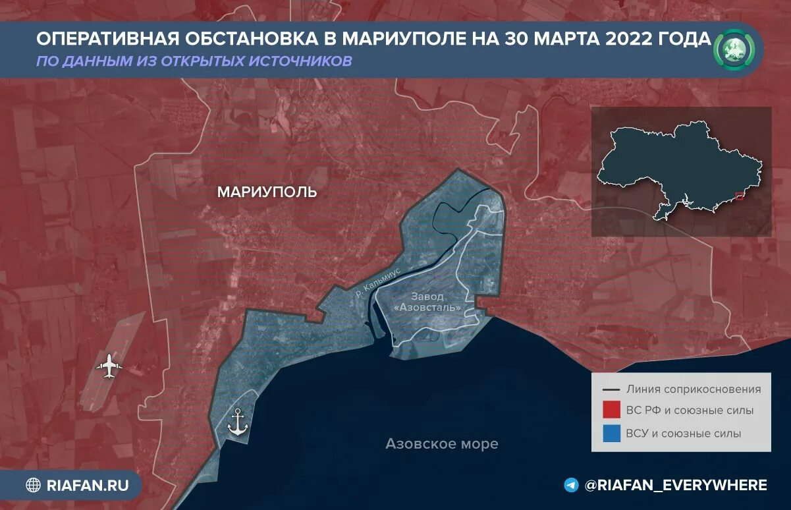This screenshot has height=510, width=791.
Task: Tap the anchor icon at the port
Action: click(x=237, y=422)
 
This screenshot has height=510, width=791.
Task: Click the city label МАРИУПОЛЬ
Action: click(x=267, y=192)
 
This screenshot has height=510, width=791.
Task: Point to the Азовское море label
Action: click(x=442, y=443)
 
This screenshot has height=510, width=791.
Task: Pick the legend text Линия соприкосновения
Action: click(x=694, y=389)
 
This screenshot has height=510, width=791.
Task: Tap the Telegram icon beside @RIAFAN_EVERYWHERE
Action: click(x=572, y=485)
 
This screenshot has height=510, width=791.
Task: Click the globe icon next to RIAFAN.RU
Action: click(x=33, y=486)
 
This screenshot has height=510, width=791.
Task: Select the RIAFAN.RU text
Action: click(x=88, y=486)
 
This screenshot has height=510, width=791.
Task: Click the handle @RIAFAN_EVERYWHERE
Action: click(x=676, y=485)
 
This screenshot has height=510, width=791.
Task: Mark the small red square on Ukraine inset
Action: click(x=739, y=196)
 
